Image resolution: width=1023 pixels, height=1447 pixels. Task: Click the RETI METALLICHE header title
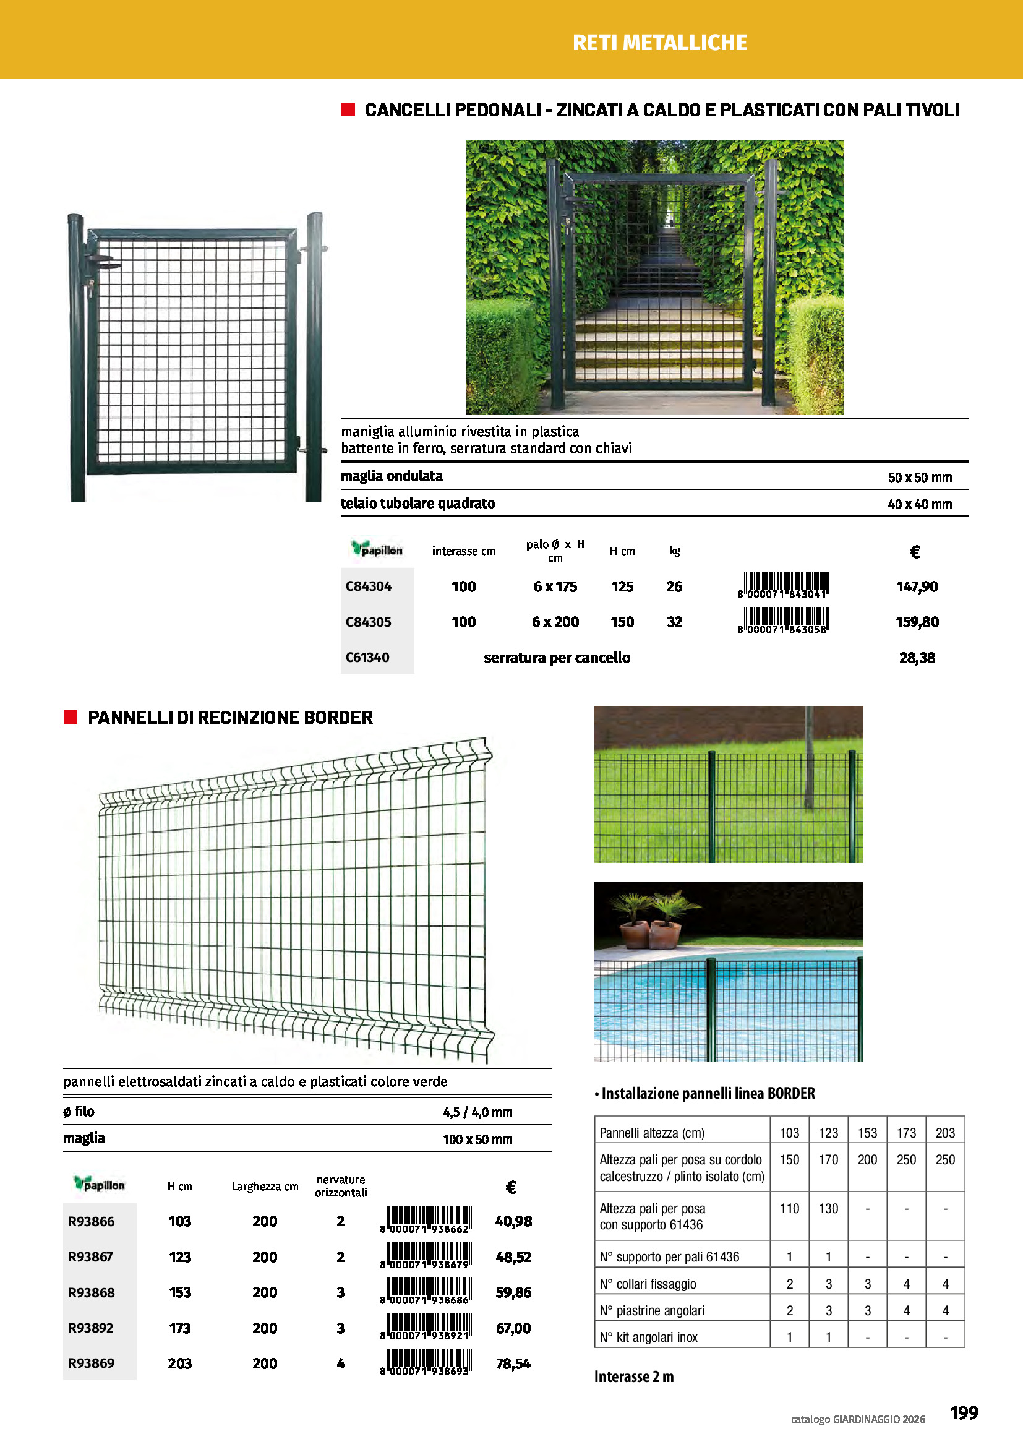click(659, 42)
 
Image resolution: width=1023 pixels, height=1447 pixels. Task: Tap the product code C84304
click(369, 586)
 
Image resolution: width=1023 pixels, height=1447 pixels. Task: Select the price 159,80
click(917, 622)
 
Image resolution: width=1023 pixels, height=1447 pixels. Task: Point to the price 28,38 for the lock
click(917, 658)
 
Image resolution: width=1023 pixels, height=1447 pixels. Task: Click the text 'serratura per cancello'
click(557, 658)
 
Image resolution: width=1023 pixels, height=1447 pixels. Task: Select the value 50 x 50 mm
click(920, 478)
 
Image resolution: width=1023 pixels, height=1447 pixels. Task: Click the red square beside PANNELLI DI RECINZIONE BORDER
click(71, 717)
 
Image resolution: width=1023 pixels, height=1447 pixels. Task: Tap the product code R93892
click(91, 1328)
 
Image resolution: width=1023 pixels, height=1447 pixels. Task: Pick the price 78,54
click(513, 1364)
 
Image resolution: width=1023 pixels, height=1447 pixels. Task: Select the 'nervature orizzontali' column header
click(341, 1186)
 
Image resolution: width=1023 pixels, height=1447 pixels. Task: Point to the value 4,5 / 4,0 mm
click(477, 1112)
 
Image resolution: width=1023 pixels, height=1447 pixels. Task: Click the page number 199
click(964, 1413)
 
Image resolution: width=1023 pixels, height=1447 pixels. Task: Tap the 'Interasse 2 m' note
click(634, 1377)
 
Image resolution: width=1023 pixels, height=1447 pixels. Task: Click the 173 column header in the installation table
click(906, 1133)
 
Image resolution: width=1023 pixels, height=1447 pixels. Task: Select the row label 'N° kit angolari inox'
click(649, 1337)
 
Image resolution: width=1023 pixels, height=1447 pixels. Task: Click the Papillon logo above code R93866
click(99, 1184)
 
